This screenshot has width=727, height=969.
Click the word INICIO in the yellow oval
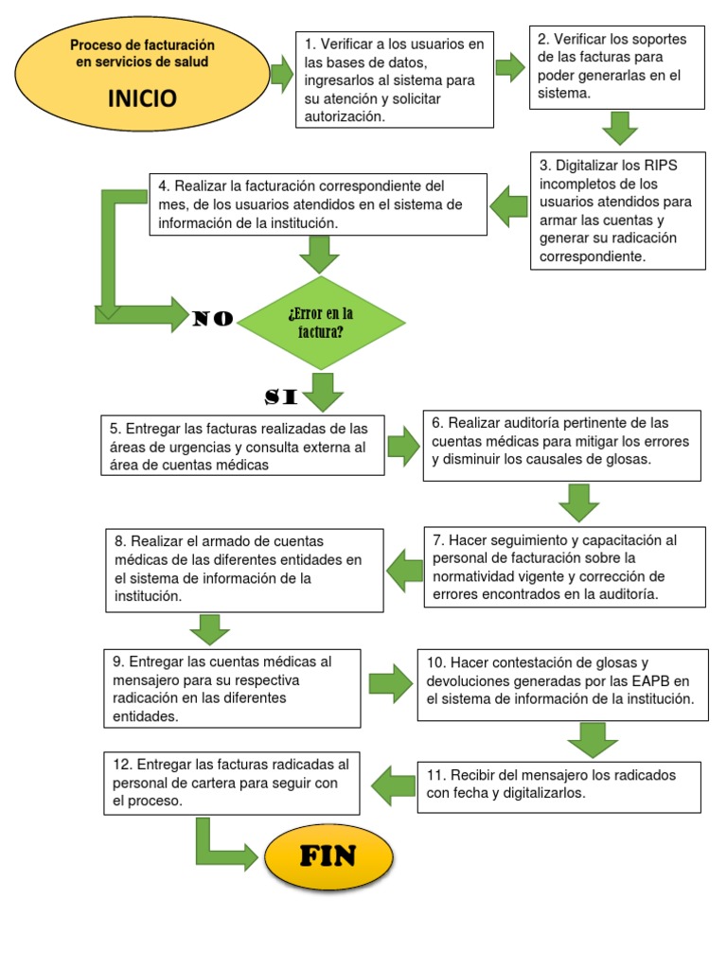coord(142,98)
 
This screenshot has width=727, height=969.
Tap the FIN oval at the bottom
coord(328,857)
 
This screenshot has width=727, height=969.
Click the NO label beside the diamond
coord(213,319)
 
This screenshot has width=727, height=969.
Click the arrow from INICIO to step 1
coord(281,74)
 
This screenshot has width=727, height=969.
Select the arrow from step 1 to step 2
coord(510,67)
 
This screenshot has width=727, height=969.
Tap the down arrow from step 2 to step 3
coord(620,128)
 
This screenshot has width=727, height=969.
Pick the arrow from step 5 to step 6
coord(402,446)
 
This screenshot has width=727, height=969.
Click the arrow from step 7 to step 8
coord(404,568)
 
